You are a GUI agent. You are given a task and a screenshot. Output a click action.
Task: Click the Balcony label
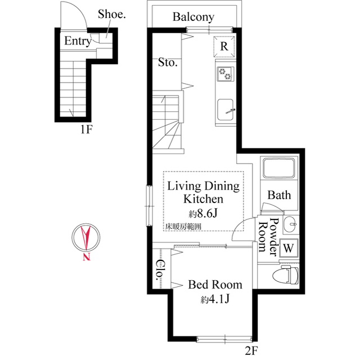click(193, 17)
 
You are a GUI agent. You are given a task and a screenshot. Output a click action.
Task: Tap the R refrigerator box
click(223, 47)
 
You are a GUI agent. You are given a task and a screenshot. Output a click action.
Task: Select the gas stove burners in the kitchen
click(226, 73)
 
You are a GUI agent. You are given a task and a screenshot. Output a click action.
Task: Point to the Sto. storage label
click(168, 63)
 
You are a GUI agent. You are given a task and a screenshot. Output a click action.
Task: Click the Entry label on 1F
click(77, 41)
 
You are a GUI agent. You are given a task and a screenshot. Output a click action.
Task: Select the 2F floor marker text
click(250, 352)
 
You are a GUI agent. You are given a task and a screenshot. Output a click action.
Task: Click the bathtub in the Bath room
click(279, 169)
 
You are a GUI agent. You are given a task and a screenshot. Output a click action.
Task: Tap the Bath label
click(279, 195)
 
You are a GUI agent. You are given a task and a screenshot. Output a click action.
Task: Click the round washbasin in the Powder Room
click(290, 224)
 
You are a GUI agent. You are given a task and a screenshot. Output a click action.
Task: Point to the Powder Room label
click(269, 236)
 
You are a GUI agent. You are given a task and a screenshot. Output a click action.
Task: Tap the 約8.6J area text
click(203, 213)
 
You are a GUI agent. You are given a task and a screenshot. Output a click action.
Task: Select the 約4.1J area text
click(215, 299)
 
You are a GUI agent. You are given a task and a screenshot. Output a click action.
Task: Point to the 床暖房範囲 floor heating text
click(183, 227)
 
